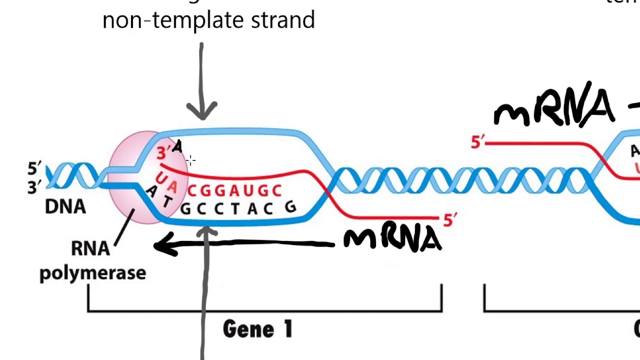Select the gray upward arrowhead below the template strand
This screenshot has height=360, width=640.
206,232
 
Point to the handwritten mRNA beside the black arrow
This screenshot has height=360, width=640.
392,239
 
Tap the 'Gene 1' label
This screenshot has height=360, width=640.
257,329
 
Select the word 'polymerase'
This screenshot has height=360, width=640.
92,273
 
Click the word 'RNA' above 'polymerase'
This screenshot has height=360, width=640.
90,248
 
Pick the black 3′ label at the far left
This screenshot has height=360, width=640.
34,187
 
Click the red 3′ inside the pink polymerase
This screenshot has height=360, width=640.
162,153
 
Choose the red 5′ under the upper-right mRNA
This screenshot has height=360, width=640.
477,142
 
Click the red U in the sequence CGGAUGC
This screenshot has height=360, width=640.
248,190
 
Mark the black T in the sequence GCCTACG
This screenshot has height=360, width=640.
235,209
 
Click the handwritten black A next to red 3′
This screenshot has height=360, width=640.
177,146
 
